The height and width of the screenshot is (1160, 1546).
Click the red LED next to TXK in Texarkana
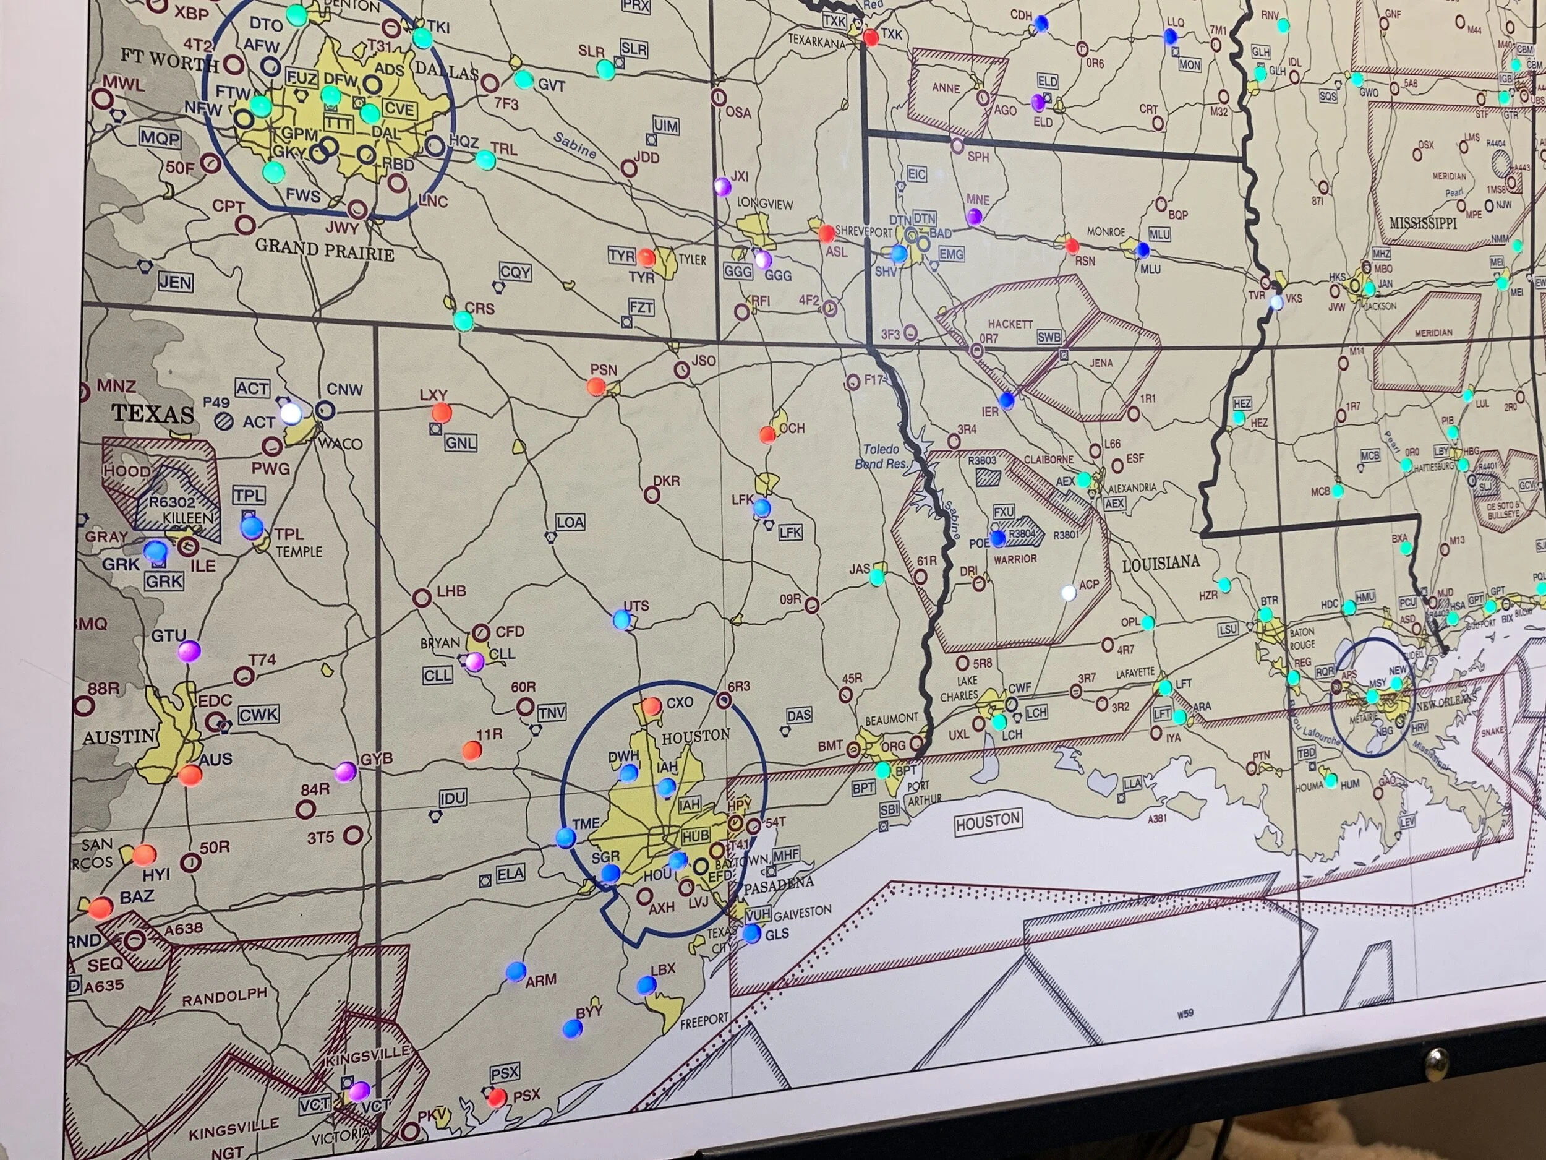[871, 37]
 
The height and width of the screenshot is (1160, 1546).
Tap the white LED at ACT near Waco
[291, 414]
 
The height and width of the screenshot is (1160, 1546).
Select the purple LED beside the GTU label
[189, 651]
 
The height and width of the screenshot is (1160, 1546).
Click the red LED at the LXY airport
[441, 413]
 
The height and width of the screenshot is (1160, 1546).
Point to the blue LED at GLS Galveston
[752, 933]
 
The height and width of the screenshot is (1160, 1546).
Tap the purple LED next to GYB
[345, 772]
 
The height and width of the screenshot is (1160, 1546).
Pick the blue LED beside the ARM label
[516, 971]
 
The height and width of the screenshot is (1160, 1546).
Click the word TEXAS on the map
[153, 413]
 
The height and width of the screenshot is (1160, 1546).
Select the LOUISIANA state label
[1160, 563]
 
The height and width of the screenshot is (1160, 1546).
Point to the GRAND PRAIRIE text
[324, 249]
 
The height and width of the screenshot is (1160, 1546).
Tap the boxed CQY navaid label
[515, 272]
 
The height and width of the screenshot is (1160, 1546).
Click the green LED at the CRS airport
[463, 321]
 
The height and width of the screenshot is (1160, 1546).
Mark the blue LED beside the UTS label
[621, 619]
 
